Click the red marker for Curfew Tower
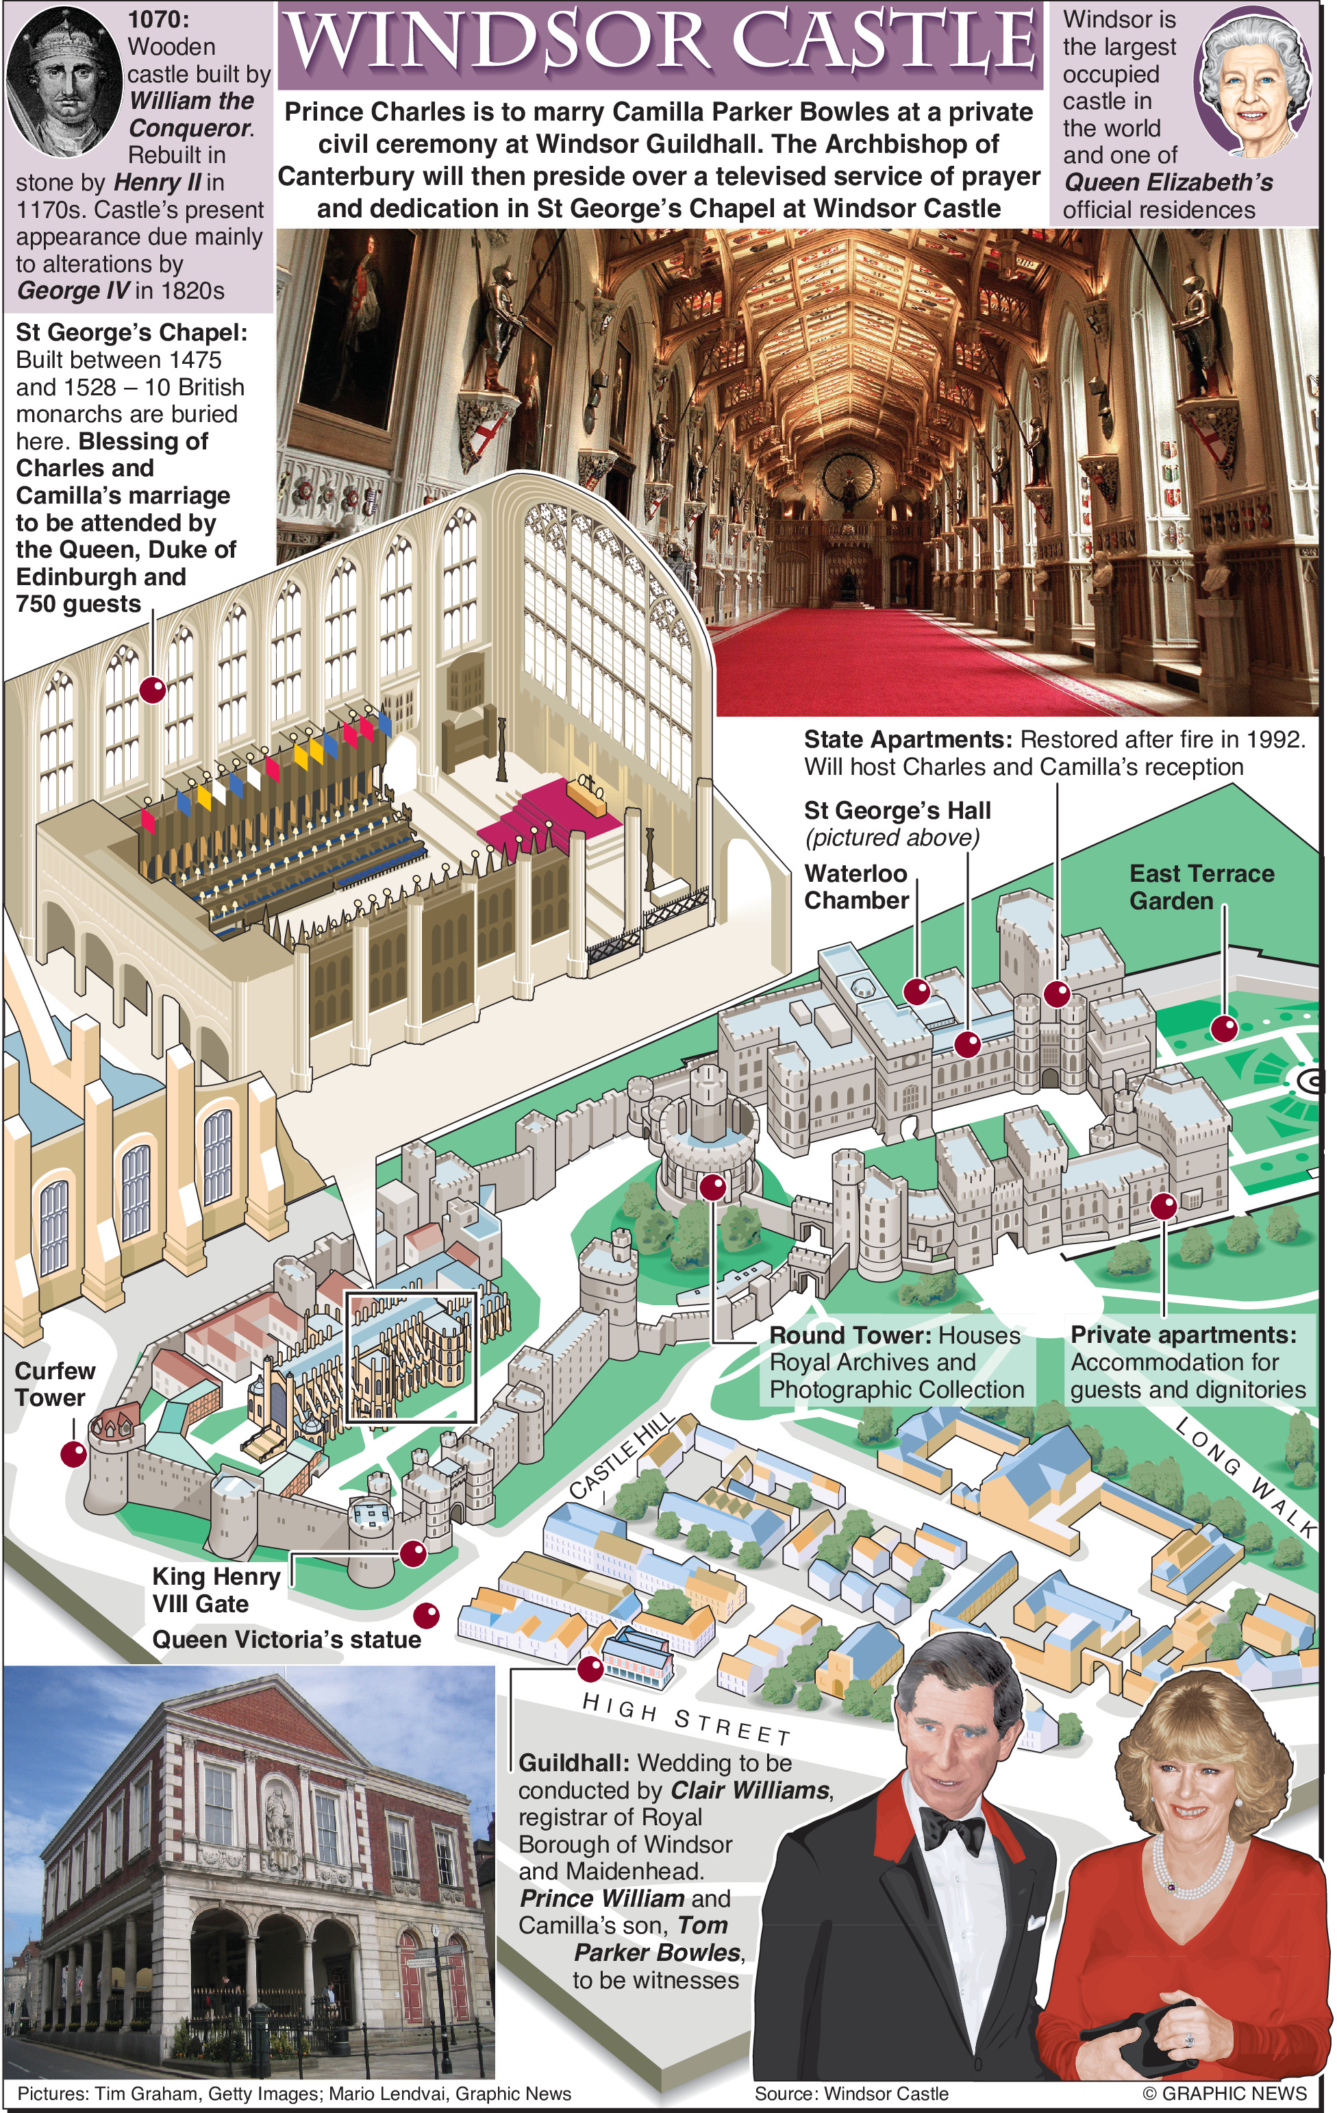click(74, 1454)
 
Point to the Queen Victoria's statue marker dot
click(426, 1616)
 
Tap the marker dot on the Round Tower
click(712, 1187)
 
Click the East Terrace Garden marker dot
click(1224, 1028)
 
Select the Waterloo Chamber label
click(856, 887)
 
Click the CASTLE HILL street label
click(622, 1457)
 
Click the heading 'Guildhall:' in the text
click(574, 1763)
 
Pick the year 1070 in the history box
click(158, 19)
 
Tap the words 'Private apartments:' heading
click(1184, 1335)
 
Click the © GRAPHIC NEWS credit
click(1225, 2093)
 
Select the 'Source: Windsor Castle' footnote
click(851, 2093)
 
